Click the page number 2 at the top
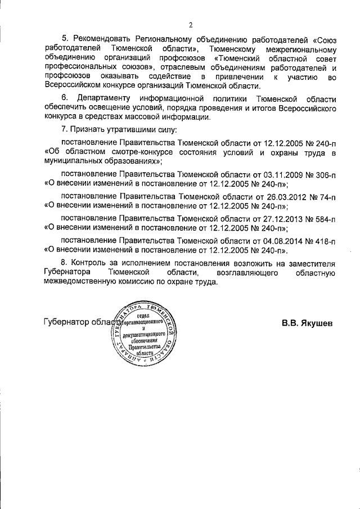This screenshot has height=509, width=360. coord(191,25)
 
